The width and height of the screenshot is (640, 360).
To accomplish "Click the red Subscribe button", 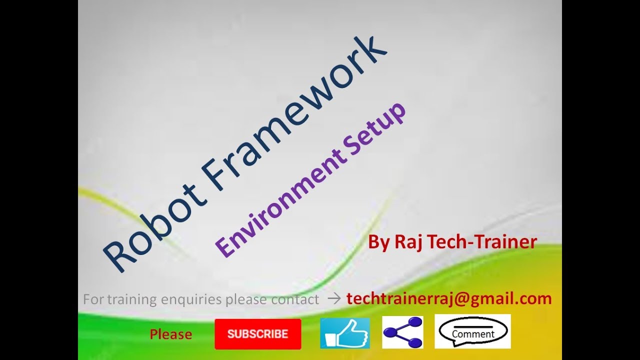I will [258, 334].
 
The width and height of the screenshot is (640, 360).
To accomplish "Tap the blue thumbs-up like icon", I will [344, 333].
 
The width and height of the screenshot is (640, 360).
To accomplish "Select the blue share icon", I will [402, 332].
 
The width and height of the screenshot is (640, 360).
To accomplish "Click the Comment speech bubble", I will [472, 331].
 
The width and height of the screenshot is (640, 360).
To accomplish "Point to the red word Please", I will [171, 334].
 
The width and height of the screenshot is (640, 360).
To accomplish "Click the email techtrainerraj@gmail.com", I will [449, 299].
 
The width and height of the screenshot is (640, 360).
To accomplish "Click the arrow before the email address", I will [334, 299].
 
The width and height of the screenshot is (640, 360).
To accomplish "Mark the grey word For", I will [92, 299].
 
